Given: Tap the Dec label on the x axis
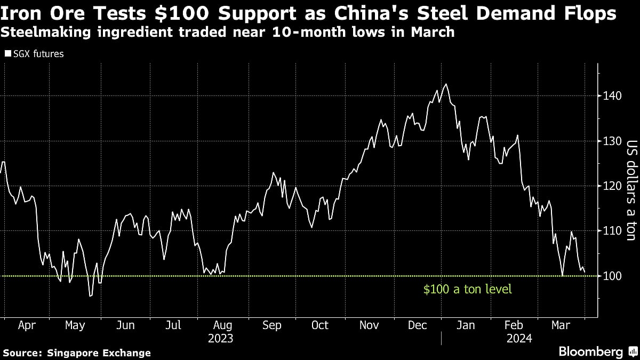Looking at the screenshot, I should tap(418, 325).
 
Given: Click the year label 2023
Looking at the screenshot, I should tap(221, 338).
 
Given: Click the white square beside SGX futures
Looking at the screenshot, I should tap(7, 54).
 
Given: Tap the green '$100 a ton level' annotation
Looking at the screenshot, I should tap(467, 289).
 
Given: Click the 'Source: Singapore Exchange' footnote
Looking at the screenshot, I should tap(77, 353).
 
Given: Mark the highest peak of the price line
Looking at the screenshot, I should tap(446, 84).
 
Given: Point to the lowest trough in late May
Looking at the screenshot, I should tap(90, 296).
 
